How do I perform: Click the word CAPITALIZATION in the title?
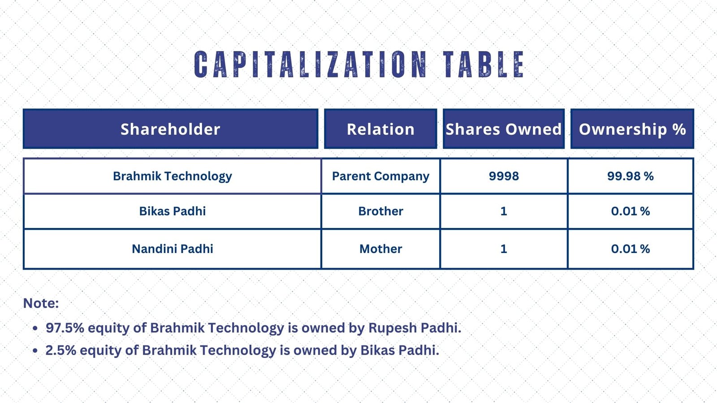(x=311, y=64)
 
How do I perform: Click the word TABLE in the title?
(x=484, y=64)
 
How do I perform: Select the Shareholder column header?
(x=170, y=129)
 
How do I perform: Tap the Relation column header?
(x=380, y=129)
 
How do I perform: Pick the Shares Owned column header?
(x=504, y=129)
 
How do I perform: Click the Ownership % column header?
(x=632, y=129)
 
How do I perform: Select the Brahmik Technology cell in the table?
(x=172, y=176)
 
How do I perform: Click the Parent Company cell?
(x=380, y=176)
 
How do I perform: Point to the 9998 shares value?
(x=504, y=176)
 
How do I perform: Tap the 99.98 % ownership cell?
(x=630, y=176)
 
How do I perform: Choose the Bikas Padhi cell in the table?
(x=172, y=211)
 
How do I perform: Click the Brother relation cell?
(x=380, y=211)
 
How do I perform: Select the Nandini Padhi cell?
(x=172, y=249)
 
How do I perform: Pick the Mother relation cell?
(x=380, y=249)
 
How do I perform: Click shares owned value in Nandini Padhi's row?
(x=504, y=249)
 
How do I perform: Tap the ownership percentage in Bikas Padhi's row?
(x=630, y=211)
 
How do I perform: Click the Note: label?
(x=41, y=303)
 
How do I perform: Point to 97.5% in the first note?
(x=65, y=328)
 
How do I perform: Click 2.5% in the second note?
(x=61, y=350)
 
